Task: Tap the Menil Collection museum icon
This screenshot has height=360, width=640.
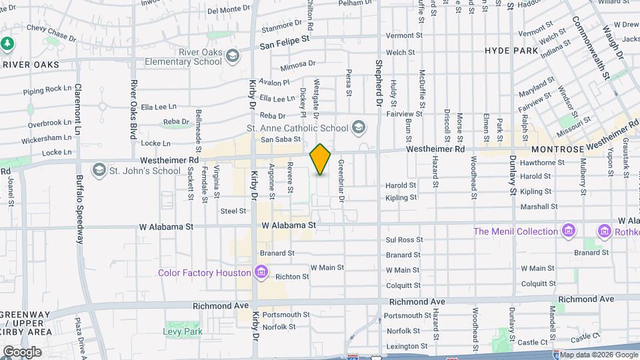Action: [569, 231]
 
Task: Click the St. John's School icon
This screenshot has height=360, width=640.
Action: [99, 170]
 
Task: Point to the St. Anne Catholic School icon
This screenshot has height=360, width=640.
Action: [359, 127]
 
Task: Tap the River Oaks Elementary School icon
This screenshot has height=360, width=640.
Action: [232, 55]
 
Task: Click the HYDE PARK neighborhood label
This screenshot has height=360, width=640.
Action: [511, 51]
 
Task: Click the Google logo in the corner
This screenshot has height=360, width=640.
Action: [21, 351]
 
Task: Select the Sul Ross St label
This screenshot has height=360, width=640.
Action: [401, 239]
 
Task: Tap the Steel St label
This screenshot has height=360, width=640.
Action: [233, 211]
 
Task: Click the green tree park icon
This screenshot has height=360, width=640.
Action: [7, 43]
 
